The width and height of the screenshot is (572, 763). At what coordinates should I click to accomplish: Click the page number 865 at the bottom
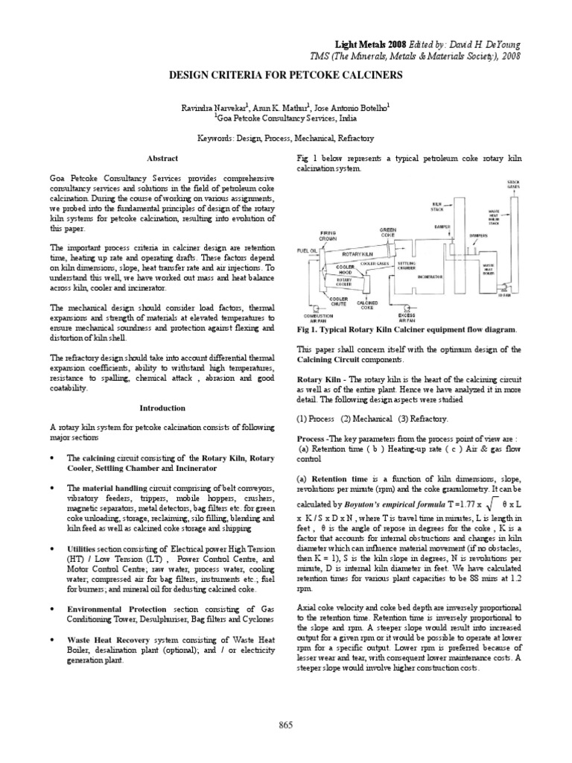(286, 724)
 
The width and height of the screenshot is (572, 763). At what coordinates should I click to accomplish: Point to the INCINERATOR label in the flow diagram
(430, 274)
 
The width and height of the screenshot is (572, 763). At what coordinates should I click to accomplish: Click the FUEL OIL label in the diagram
(308, 250)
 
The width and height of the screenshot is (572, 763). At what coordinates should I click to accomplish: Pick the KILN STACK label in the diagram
(438, 205)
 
